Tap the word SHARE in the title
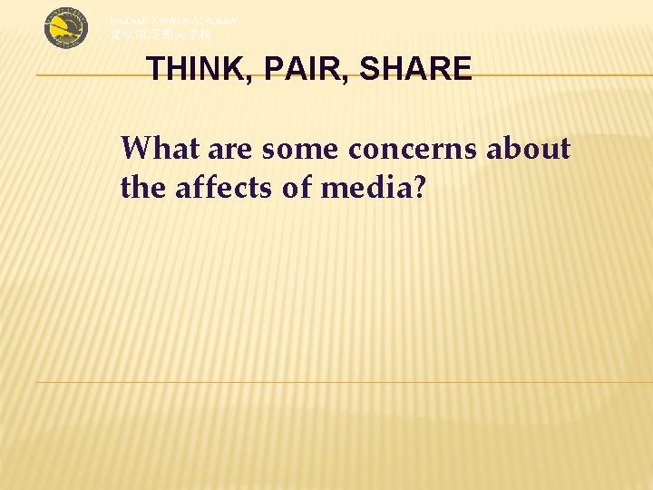(416, 70)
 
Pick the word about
(529, 147)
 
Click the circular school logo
(67, 28)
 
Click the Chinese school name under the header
(161, 34)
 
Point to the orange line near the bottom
(345, 382)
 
